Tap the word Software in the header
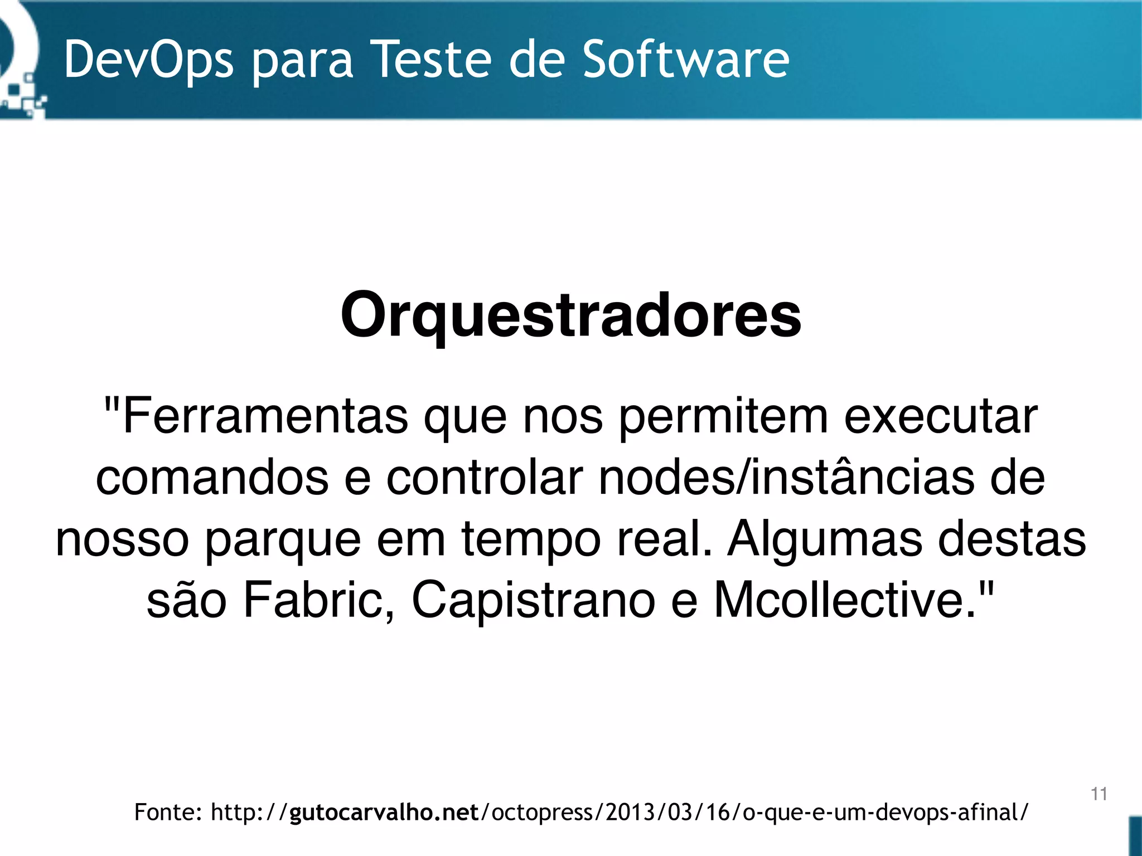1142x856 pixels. pos(686,59)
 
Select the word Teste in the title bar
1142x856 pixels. pos(434,59)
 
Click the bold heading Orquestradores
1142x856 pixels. pos(570,316)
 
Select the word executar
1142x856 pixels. pos(941,417)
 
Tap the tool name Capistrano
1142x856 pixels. pos(533,601)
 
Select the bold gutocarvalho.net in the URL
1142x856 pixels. pos(384,813)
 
